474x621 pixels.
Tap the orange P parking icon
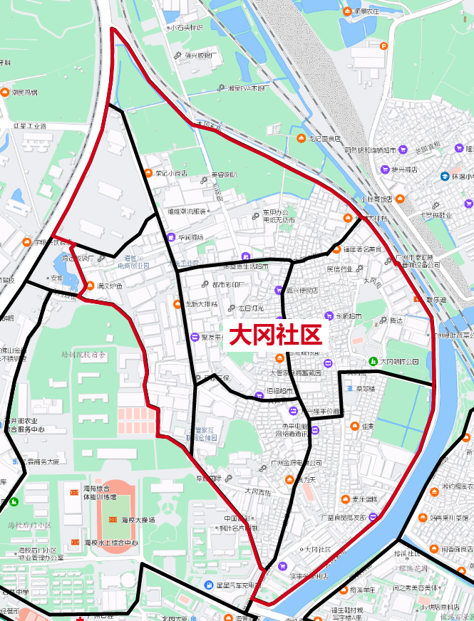(x=383, y=46)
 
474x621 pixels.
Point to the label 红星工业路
(x=29, y=126)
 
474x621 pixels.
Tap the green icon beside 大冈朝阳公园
(x=373, y=362)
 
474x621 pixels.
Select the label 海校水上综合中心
(x=111, y=543)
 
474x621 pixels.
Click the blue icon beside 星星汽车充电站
(x=207, y=585)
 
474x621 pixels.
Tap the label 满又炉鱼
(x=110, y=286)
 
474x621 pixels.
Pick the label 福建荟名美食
(x=362, y=249)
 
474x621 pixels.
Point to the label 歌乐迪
(x=436, y=301)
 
